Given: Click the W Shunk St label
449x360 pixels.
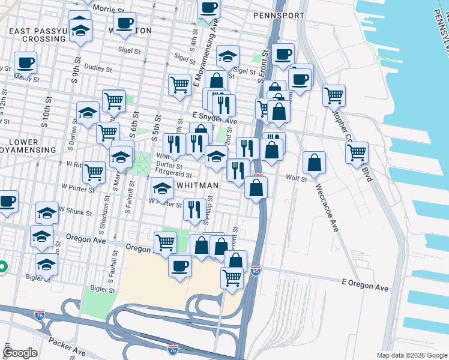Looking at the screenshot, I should coord(76,212).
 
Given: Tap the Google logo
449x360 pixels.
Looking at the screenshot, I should coord(20,353).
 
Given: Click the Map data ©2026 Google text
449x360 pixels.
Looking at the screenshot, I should coord(411,355).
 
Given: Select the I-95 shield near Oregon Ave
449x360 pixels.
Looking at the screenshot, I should coord(256,271).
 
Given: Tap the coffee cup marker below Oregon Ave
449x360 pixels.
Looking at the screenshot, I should coord(179,265).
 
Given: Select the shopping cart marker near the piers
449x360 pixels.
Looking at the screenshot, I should coord(357,152).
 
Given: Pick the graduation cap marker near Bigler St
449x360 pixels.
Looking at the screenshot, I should coord(47,263).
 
